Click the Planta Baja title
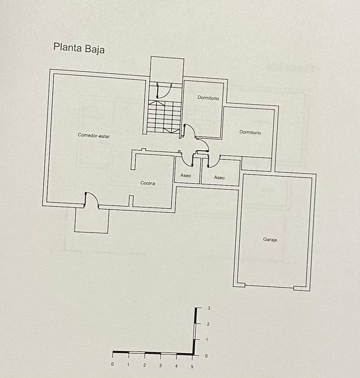(x=79, y=48)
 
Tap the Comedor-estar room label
(x=94, y=135)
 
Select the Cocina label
(x=147, y=183)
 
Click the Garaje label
(x=270, y=239)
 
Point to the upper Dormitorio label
(x=208, y=98)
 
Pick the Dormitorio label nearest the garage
(x=250, y=132)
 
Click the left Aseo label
(x=186, y=175)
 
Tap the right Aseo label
(x=219, y=177)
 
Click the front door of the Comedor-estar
(x=91, y=199)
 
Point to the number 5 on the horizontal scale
(x=192, y=366)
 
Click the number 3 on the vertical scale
(x=209, y=308)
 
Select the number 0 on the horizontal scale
(x=112, y=364)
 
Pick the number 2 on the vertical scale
(x=208, y=324)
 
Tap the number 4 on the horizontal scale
(x=176, y=366)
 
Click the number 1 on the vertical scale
(x=207, y=340)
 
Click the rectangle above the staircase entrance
(x=167, y=70)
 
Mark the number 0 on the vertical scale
(x=206, y=356)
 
